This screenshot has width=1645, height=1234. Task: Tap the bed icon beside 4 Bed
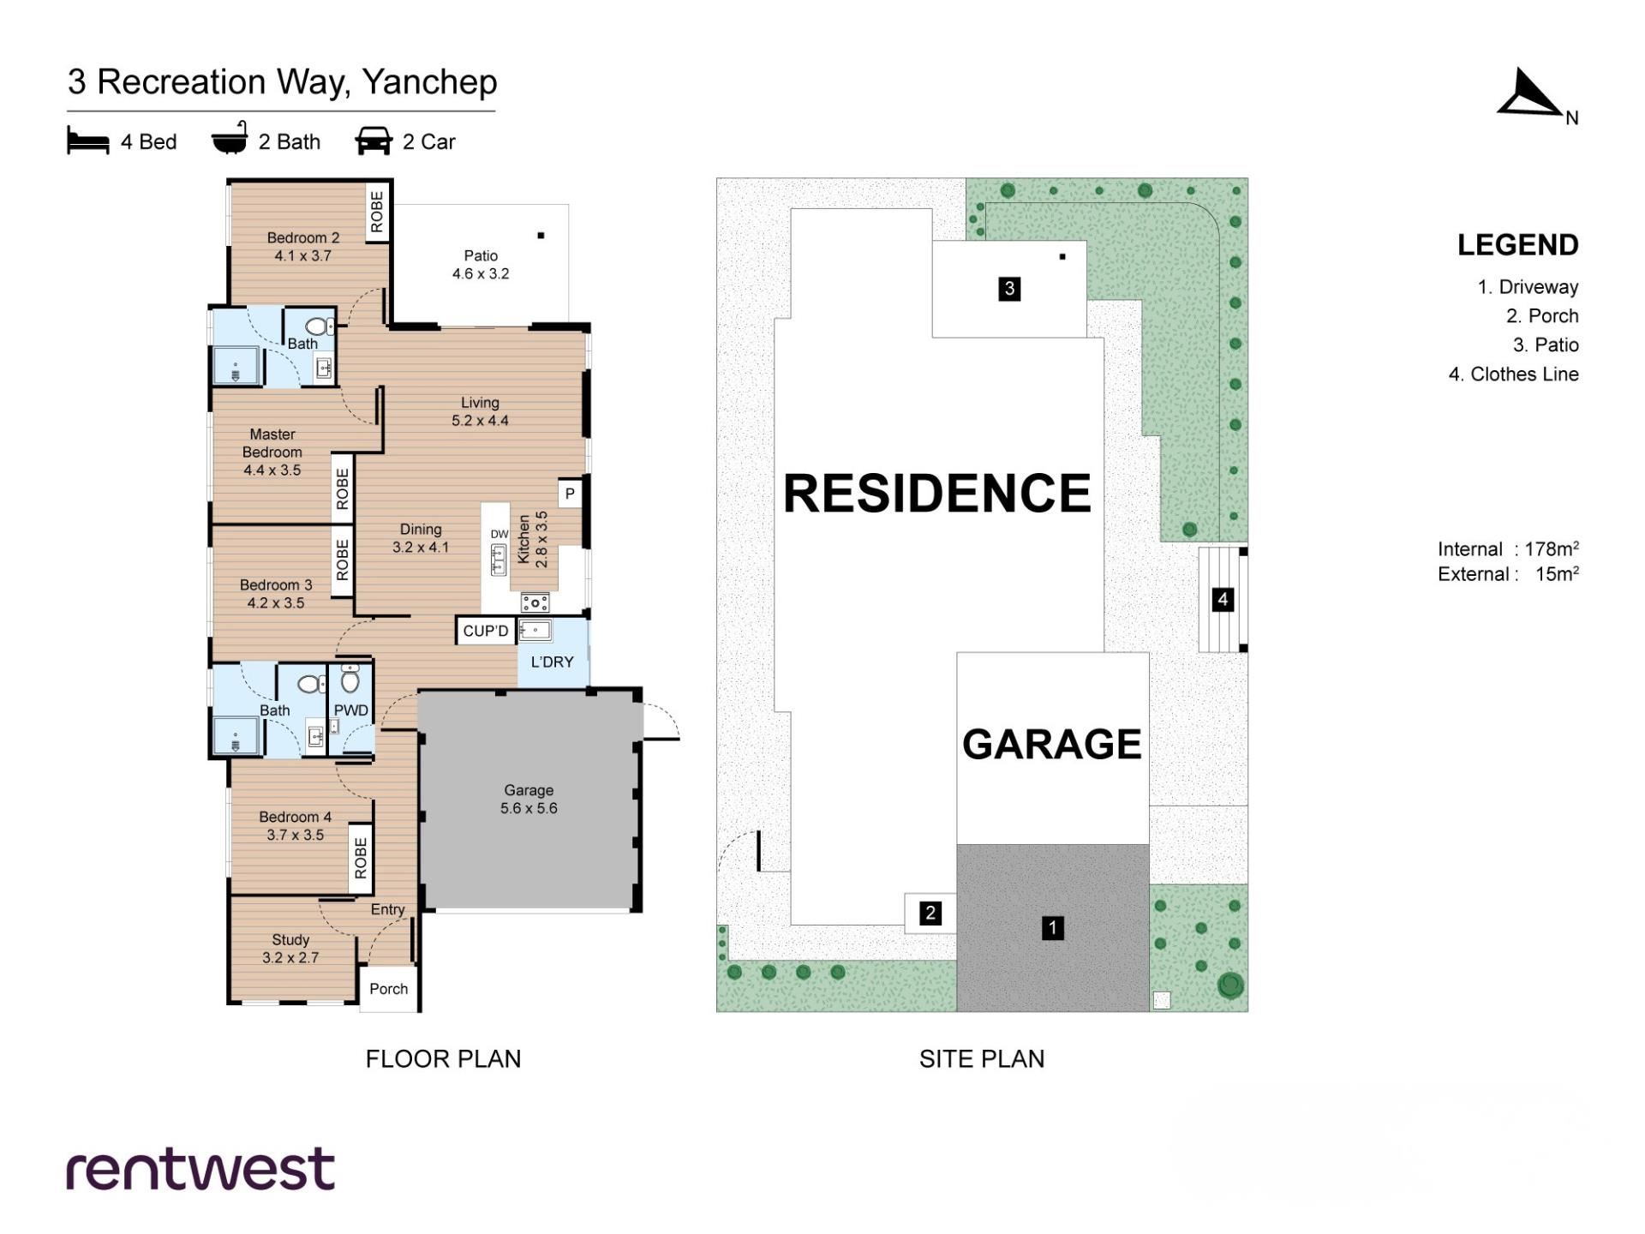(x=88, y=141)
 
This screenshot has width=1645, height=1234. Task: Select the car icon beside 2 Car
(x=374, y=141)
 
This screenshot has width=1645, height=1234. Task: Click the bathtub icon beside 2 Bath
(x=230, y=139)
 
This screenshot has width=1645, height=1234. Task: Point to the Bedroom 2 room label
(x=303, y=247)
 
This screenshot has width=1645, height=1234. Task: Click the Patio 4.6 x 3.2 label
(x=481, y=265)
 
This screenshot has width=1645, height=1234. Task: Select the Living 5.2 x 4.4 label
(x=480, y=411)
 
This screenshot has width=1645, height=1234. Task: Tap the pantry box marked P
(x=570, y=494)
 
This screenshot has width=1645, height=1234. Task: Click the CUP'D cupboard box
(x=486, y=631)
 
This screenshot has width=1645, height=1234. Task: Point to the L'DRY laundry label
(x=553, y=662)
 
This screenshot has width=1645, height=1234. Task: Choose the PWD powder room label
(x=351, y=710)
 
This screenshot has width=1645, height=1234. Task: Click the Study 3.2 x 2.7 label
(x=290, y=949)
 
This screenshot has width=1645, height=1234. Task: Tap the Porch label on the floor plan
(x=389, y=989)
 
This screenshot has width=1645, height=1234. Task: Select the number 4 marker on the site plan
(x=1223, y=599)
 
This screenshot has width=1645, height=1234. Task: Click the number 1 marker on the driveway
(x=1053, y=927)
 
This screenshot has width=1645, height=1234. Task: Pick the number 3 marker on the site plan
(x=1009, y=289)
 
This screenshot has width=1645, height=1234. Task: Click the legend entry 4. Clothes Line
(x=1513, y=374)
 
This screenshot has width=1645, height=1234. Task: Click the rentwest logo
(x=200, y=1170)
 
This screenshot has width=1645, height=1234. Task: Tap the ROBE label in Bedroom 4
(x=361, y=858)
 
